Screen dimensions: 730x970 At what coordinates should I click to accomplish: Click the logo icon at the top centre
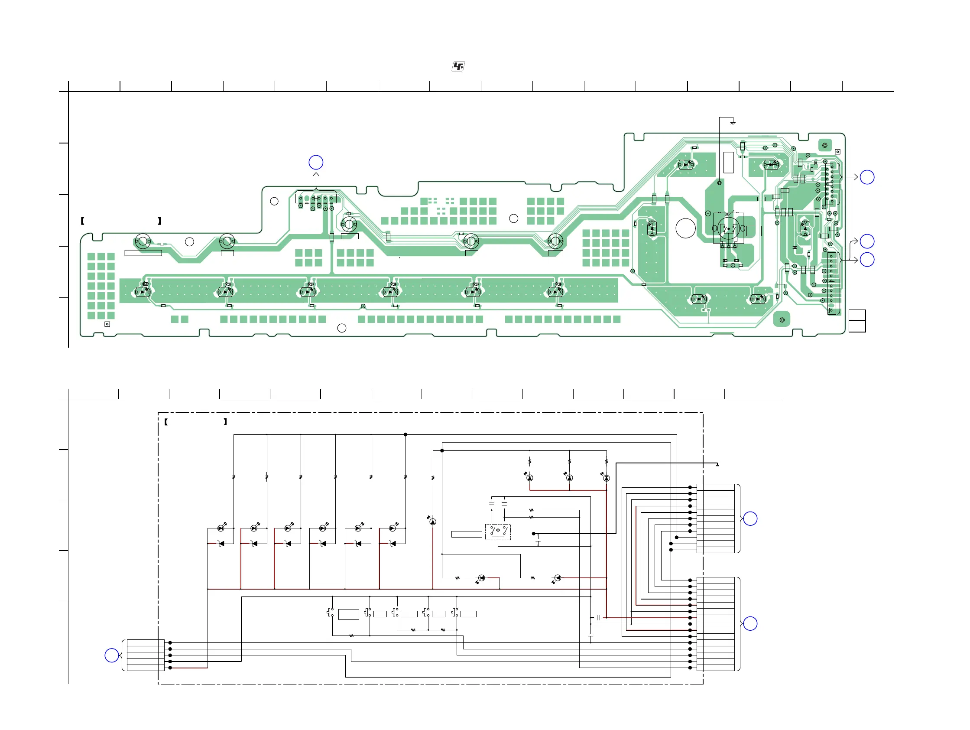coord(458,66)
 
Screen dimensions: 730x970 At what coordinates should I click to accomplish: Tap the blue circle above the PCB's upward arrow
coord(316,162)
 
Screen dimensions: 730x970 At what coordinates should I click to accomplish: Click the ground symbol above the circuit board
coord(732,122)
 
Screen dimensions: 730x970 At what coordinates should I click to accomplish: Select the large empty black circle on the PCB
coord(685,228)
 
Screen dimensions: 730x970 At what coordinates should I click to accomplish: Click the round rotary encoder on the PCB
coord(728,228)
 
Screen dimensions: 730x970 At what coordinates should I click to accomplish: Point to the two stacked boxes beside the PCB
coord(857,321)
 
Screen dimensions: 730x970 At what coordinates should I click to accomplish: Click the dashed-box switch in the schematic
coord(498,532)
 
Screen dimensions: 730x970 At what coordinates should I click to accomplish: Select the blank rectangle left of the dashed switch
coord(467,534)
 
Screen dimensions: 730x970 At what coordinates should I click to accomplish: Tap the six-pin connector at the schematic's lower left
coord(146,655)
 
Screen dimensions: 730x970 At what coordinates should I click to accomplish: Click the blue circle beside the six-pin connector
coord(112,655)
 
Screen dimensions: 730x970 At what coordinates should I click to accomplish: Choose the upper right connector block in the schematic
coord(715,518)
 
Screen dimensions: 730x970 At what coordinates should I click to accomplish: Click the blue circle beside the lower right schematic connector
coord(750,623)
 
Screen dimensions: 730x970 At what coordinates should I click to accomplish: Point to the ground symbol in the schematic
coord(717,465)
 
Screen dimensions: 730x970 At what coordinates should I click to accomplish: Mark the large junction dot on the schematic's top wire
coord(405,435)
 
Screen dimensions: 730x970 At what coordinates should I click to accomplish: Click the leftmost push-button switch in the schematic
coord(330,613)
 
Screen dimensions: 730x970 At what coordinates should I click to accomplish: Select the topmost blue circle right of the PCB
coord(867,177)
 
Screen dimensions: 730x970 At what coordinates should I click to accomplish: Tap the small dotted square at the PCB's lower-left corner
coord(107,324)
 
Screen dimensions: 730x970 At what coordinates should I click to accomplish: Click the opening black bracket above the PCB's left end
coord(82,221)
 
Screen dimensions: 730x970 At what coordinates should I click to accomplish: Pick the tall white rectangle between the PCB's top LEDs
coord(728,162)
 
